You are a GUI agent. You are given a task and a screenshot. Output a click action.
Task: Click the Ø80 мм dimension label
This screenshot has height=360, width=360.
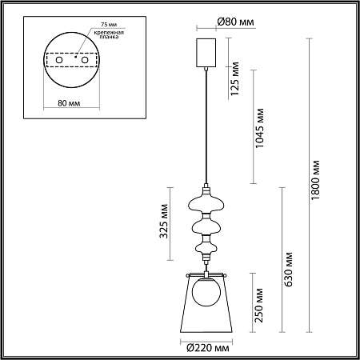235,22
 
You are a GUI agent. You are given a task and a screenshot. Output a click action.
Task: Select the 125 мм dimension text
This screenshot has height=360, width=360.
235,78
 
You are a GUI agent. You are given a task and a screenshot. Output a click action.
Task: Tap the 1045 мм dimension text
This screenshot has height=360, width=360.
259,128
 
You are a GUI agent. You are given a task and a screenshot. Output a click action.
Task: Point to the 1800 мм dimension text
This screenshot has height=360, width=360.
315,180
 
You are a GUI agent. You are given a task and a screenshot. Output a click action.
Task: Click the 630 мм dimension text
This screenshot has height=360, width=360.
288,270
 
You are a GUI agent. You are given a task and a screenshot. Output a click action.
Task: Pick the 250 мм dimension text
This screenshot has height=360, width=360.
258,306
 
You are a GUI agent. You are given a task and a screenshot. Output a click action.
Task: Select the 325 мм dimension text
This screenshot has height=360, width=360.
163,221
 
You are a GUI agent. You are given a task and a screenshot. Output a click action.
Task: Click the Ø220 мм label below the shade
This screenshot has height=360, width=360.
208,348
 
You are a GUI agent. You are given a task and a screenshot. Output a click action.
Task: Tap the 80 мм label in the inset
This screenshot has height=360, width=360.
69,103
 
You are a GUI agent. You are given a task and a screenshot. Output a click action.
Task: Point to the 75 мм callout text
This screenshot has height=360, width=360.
109,25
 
